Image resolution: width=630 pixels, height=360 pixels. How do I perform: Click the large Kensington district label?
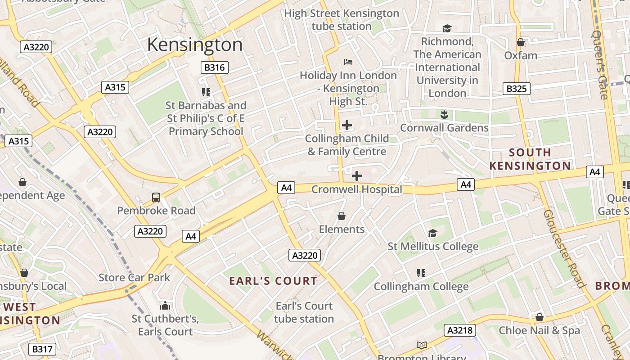click(194, 45)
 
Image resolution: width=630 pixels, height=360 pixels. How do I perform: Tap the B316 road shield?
click(214, 67)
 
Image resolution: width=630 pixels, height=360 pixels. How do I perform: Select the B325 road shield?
click(516, 89)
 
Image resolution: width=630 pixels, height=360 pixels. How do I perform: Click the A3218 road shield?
click(459, 330)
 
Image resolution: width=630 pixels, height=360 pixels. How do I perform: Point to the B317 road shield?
click(43, 349)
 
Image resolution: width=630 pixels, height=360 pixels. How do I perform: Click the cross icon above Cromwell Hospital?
click(357, 176)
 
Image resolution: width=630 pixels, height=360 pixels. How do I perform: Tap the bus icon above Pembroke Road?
click(156, 197)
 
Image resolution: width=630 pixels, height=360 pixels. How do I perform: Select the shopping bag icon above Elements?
click(342, 216)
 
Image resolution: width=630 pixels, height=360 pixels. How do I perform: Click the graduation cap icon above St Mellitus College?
click(432, 233)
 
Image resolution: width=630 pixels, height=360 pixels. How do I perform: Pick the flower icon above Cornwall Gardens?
click(444, 115)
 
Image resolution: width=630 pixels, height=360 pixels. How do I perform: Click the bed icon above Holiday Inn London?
click(348, 62)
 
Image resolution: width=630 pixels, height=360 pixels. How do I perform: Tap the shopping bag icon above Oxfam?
click(521, 43)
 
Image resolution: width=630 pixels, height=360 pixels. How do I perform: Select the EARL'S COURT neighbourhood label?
click(273, 281)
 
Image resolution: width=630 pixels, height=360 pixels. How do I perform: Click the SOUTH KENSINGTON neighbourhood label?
click(530, 159)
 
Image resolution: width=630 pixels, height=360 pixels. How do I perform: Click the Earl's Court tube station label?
click(304, 312)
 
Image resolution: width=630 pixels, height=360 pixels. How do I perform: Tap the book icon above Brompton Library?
click(421, 346)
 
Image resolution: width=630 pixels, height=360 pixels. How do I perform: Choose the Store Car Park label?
click(134, 277)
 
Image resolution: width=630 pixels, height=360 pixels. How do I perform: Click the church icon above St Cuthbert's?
click(165, 306)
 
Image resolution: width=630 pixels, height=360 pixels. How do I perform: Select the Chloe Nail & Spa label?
click(539, 330)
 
